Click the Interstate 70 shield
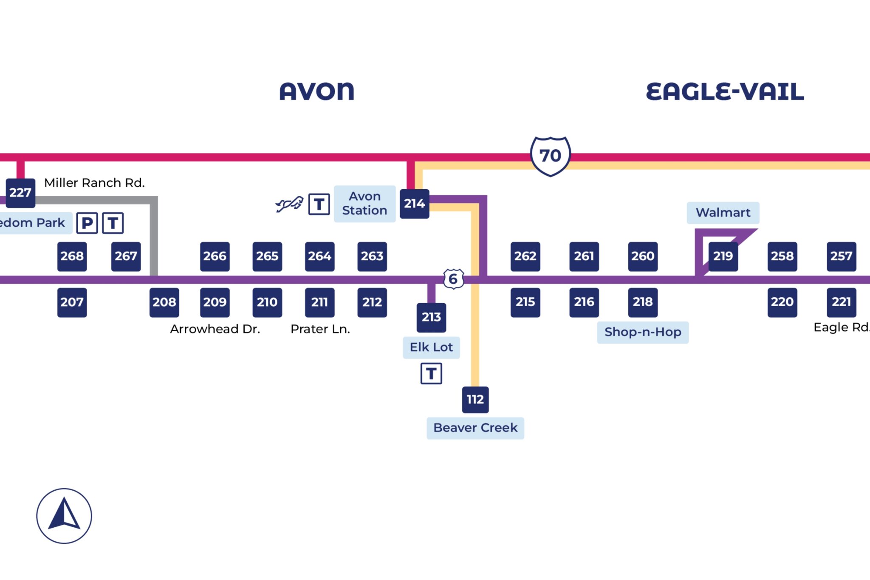[x=550, y=156]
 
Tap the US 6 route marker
[x=453, y=279]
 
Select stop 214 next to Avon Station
[x=414, y=204]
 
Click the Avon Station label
[x=364, y=203]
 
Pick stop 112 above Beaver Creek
[x=475, y=399]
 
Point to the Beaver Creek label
[x=475, y=428]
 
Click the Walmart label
[x=723, y=213]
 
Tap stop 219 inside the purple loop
[x=723, y=256]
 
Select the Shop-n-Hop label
[x=642, y=332]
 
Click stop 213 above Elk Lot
[x=431, y=317]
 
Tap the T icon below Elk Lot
[x=431, y=373]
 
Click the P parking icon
[x=87, y=223]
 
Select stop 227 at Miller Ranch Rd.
[x=20, y=193]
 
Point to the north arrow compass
[x=64, y=515]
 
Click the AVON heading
[x=316, y=91]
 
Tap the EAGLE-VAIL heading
[x=724, y=91]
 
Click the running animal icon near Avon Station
[x=289, y=204]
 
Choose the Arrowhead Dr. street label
[x=215, y=329]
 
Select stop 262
[x=525, y=256]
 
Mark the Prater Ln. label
[x=320, y=329]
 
